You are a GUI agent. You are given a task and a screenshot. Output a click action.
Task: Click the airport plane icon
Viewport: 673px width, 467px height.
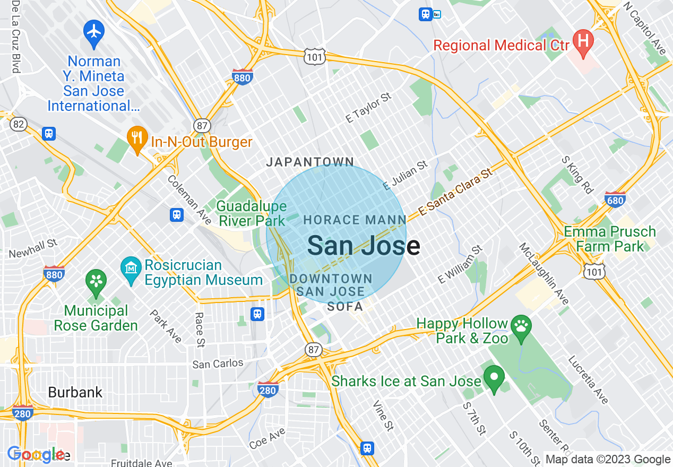[x=94, y=31]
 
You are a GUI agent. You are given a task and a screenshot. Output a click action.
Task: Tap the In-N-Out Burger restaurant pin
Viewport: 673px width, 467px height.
[x=137, y=139]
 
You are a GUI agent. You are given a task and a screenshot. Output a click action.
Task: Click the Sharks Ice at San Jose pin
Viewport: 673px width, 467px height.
[x=494, y=378]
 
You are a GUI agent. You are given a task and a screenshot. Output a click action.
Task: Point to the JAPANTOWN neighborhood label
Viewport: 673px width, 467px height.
[x=309, y=162]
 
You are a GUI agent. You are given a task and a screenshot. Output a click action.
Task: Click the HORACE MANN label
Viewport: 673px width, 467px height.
[x=355, y=220]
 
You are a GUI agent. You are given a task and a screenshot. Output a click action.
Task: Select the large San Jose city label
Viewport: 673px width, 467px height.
[x=364, y=246]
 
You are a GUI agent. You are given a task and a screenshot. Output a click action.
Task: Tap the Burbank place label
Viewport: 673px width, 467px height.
[x=75, y=392]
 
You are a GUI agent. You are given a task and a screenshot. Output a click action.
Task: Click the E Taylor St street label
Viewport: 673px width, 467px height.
[x=368, y=108]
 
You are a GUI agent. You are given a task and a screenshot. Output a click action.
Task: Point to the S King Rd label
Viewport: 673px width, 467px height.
[x=577, y=174]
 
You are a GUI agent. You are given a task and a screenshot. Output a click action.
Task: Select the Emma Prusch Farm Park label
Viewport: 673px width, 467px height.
[x=610, y=239]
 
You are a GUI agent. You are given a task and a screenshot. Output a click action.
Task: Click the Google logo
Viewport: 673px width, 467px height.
[x=36, y=454]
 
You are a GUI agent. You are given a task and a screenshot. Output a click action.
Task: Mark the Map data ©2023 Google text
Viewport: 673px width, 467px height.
[x=608, y=460]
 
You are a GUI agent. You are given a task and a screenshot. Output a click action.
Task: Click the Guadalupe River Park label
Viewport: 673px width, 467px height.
[x=252, y=213]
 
